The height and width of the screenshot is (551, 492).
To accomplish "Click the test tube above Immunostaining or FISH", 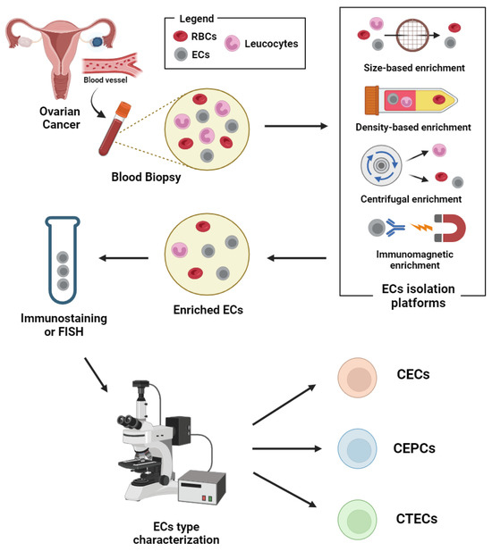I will click(61, 259).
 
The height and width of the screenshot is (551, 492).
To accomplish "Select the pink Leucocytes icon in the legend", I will click(234, 43).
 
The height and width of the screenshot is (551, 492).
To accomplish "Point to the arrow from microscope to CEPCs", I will click(286, 448).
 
